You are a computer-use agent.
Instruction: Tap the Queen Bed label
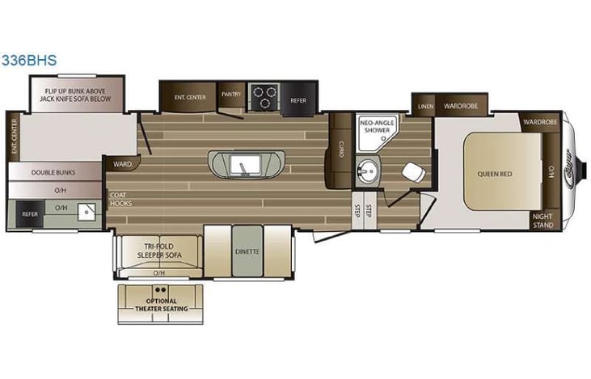coord(500,172)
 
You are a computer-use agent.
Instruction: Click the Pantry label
coord(232,93)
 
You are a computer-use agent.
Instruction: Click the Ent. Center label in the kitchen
coord(189,98)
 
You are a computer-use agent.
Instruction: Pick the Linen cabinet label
coord(424,107)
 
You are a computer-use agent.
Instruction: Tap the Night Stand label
coord(543,221)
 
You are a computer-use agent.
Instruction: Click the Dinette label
coord(247,251)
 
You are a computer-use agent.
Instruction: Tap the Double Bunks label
coord(53,172)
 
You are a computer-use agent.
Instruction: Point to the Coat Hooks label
coord(120,199)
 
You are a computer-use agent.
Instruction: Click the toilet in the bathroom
coord(412,174)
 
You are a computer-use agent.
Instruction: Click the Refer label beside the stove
coord(298,100)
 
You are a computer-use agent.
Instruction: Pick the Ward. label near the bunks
coord(122,163)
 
